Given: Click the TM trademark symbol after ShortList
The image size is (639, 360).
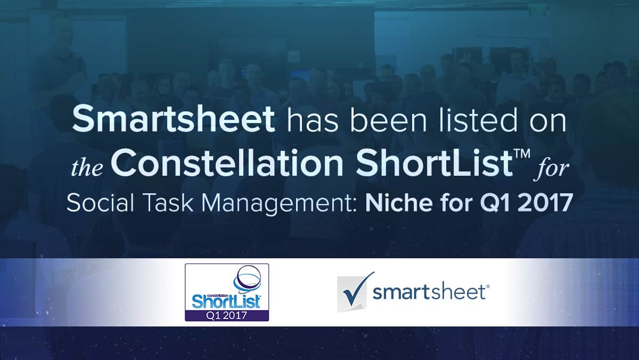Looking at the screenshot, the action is (522, 153).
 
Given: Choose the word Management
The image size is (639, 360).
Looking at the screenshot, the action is (281, 204).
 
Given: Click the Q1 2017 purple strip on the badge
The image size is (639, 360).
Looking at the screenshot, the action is (227, 315).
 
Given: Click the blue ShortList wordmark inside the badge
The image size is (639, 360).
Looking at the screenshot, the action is (226, 301).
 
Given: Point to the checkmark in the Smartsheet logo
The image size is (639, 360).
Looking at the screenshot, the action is (357, 289).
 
